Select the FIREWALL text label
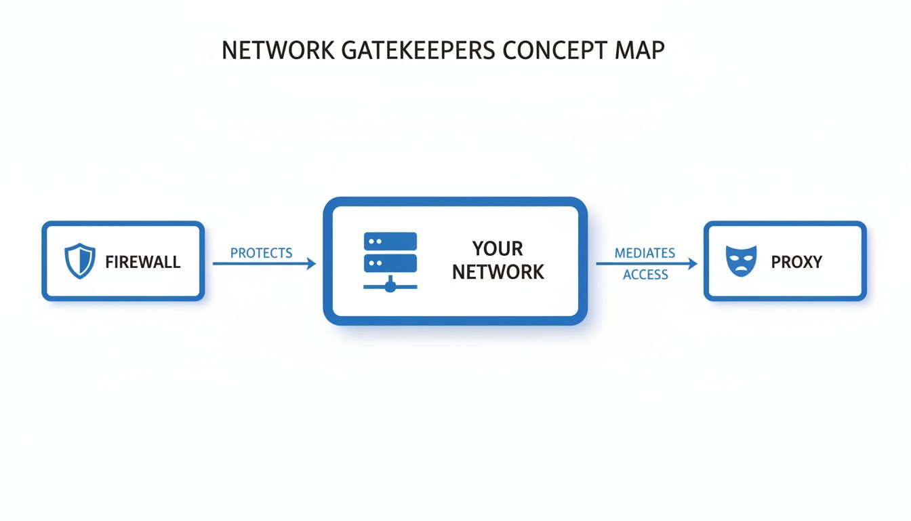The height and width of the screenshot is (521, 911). coord(143,262)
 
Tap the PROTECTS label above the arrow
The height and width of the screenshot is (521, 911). coord(261,253)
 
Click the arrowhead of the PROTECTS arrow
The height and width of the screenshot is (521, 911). coord(312,264)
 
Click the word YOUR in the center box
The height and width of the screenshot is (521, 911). coord(498,248)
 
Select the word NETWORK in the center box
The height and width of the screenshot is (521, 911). coord(498,273)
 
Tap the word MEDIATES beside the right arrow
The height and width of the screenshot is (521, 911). coord(645,253)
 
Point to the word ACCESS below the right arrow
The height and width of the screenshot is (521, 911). coord(645,275)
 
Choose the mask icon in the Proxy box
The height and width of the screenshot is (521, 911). coord(740,261)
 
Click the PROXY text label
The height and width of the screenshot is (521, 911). coord(796,262)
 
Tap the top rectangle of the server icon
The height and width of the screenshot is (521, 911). coord(390,242)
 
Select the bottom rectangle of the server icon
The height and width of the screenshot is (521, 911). coord(390,263)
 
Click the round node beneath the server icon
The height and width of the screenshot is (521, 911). coord(390,287)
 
